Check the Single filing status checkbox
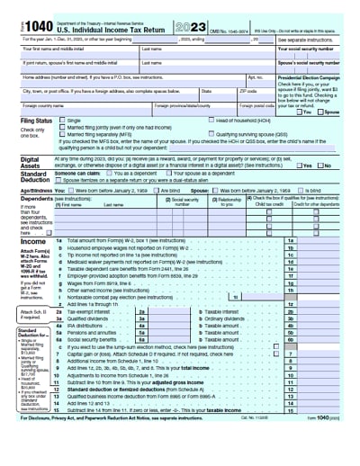62,120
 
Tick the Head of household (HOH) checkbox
210,120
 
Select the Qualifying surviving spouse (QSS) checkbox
210,132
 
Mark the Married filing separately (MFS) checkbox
62,133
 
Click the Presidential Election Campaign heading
311,78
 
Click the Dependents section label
37,198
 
